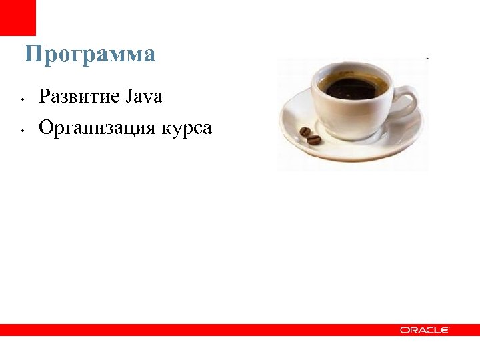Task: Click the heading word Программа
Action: click(x=90, y=55)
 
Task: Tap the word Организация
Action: click(x=97, y=127)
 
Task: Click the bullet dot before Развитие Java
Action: click(x=23, y=101)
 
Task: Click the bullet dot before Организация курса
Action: click(x=23, y=131)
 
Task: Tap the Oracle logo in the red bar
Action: click(x=425, y=330)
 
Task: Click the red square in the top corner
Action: click(x=17, y=17)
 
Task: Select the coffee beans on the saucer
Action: click(x=310, y=135)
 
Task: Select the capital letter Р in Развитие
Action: click(x=45, y=97)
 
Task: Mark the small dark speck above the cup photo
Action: click(x=427, y=59)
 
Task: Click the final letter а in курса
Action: click(x=207, y=129)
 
